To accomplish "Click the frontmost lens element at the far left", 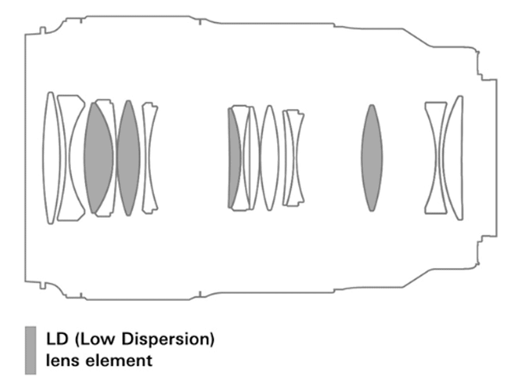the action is coord(50,158).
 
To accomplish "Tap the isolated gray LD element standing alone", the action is coord(372,158).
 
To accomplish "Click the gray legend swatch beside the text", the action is coord(30,350).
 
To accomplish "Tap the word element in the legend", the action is coord(119,360).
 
